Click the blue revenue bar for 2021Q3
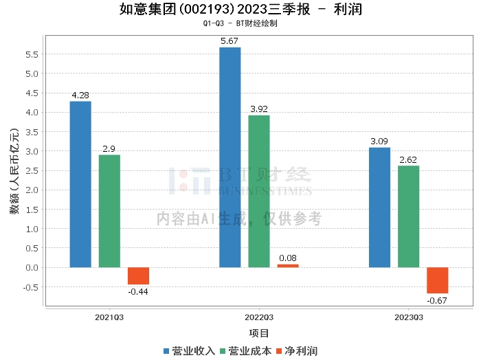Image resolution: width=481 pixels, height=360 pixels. (x=80, y=184)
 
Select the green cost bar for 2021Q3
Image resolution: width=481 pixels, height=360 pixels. (x=109, y=211)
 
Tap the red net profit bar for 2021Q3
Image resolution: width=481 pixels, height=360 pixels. (x=138, y=275)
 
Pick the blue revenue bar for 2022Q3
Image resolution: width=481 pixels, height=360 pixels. (x=230, y=157)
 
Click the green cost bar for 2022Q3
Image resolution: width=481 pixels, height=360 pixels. (x=258, y=191)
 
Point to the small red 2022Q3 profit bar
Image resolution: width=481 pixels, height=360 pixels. (x=288, y=265)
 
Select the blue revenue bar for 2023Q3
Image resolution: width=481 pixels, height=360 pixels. (x=379, y=207)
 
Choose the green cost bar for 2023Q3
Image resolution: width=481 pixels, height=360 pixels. (x=408, y=216)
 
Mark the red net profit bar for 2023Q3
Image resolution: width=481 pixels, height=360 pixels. (x=437, y=280)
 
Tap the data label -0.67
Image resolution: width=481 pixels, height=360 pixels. (x=437, y=301)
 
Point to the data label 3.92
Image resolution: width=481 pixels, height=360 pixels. (x=258, y=109)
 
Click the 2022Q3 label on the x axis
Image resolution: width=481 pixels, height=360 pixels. (x=258, y=317)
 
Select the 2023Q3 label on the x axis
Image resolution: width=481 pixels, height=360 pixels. (x=408, y=317)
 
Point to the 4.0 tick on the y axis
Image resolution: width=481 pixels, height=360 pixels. (x=32, y=112)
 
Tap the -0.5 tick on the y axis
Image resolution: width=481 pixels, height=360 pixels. (x=31, y=287)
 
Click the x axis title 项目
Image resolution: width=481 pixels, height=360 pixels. (x=258, y=334)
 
